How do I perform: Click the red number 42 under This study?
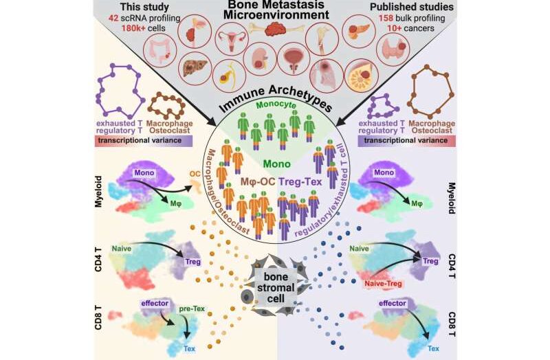click(x=113, y=19)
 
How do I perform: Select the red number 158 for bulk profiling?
click(x=386, y=19)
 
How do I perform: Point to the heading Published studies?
click(x=411, y=7)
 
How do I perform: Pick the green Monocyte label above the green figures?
click(x=276, y=105)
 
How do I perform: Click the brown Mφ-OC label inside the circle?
click(x=258, y=181)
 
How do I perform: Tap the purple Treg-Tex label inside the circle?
click(x=300, y=181)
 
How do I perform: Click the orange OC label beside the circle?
click(x=195, y=174)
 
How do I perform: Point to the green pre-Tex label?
click(x=192, y=309)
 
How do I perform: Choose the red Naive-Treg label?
click(x=384, y=283)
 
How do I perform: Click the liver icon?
click(x=195, y=68)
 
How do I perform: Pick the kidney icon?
click(x=260, y=60)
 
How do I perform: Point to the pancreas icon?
click(x=358, y=29)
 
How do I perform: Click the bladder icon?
click(x=294, y=60)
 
